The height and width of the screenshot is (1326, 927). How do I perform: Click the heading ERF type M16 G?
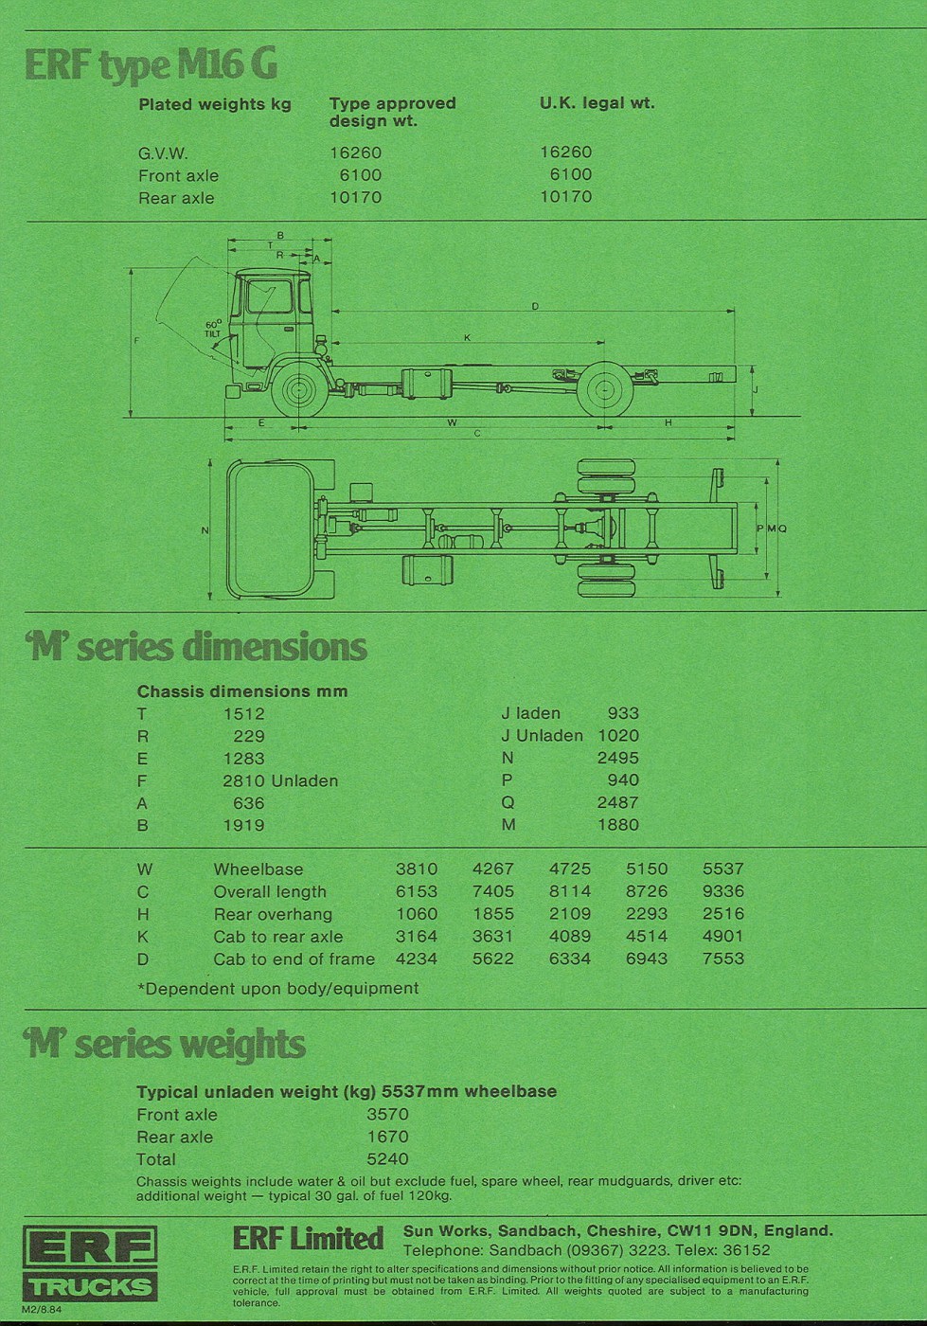[x=151, y=64]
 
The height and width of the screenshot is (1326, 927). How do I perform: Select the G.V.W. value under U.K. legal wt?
[x=565, y=152]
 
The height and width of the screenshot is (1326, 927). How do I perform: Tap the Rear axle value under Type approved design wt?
[x=355, y=197]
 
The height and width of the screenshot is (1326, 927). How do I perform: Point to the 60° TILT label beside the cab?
[x=213, y=329]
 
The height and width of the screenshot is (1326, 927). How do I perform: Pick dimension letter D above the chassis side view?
[x=535, y=306]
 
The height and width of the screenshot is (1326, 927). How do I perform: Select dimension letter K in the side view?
[x=467, y=337]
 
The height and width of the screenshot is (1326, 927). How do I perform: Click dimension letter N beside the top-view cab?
[x=205, y=530]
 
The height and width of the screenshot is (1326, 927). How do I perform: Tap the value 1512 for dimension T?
[x=243, y=713]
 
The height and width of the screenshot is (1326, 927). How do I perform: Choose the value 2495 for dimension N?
[x=617, y=758]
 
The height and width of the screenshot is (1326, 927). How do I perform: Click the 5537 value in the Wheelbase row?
[x=722, y=869]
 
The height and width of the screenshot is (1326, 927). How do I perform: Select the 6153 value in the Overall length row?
[x=417, y=891]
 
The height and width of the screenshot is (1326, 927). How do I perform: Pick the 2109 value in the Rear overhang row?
[x=569, y=914]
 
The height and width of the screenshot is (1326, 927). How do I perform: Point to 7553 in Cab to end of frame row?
[x=722, y=959]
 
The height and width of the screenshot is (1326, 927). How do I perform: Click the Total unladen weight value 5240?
[x=387, y=1159]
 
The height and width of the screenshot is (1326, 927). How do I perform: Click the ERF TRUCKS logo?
[x=90, y=1263]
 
